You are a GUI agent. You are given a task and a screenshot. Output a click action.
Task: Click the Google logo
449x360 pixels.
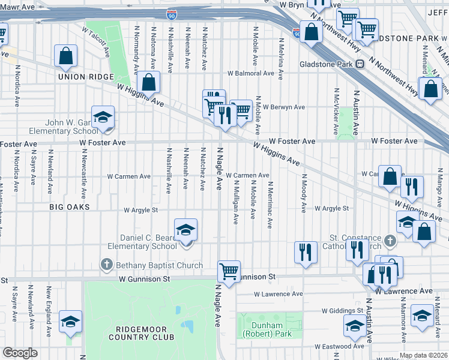pos(20,353)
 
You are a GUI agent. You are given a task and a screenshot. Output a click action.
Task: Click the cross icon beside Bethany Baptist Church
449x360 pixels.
pos(107,265)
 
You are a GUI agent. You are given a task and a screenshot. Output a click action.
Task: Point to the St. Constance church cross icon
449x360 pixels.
pos(391,241)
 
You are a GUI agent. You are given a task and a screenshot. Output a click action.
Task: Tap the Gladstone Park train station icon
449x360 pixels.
pos(360,64)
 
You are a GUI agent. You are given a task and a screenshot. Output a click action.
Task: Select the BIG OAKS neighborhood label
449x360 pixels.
pos(70,207)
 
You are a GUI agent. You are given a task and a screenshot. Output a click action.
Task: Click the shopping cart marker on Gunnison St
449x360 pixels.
pos(229,271)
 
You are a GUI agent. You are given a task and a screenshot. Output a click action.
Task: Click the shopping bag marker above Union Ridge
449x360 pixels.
pos(66,56)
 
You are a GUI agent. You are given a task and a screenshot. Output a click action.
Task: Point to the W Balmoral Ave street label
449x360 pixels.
pos(250,74)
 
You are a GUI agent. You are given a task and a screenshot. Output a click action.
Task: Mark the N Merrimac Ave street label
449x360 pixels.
pos(271,205)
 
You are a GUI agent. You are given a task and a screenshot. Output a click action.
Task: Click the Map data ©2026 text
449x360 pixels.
pos(423,355)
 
